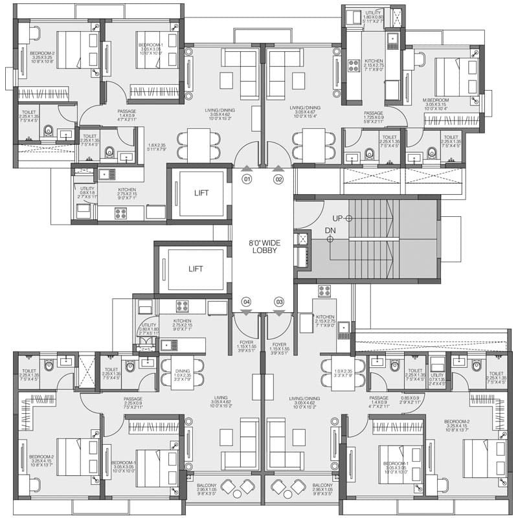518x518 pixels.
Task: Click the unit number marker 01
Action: [246, 178]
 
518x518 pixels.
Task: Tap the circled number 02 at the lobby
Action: [279, 178]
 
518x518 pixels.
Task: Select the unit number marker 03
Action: [279, 302]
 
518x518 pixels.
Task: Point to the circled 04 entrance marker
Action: [246, 302]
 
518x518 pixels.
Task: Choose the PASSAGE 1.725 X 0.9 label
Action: [373, 117]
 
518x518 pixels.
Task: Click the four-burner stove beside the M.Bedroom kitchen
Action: [354, 65]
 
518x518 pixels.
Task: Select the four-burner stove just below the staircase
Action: [324, 291]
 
